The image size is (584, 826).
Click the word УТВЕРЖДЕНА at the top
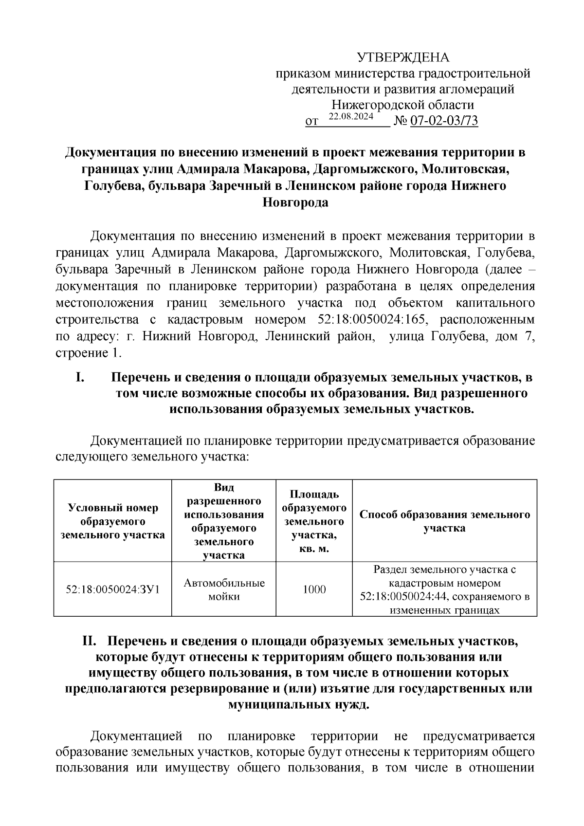click(x=403, y=58)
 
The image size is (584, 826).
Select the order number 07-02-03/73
click(x=444, y=121)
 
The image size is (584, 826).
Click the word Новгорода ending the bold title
click(x=295, y=202)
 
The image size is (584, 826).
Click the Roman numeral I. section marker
click(x=81, y=377)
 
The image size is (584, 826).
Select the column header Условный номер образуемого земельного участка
click(x=112, y=521)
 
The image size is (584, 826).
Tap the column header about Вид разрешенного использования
click(x=224, y=521)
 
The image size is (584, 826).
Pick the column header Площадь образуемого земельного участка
click(x=314, y=521)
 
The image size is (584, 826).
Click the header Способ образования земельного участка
click(x=444, y=521)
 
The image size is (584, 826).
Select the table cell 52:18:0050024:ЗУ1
click(x=112, y=589)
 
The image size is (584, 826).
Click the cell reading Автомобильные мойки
click(x=224, y=589)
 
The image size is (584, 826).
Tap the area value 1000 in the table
click(x=314, y=589)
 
